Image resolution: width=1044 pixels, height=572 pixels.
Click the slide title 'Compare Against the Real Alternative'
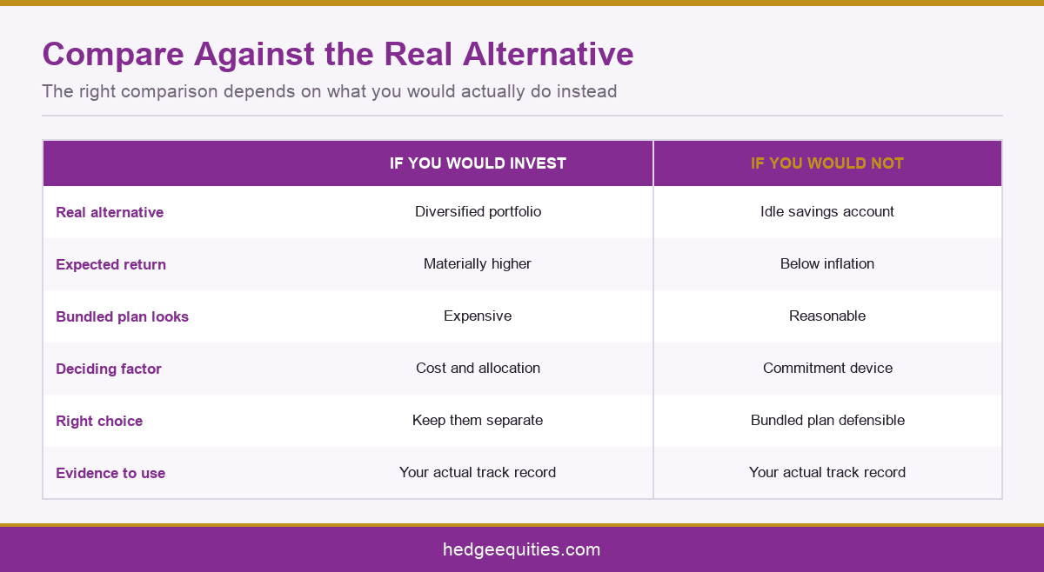point(338,55)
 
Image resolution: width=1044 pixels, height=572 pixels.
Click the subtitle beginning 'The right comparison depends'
point(330,91)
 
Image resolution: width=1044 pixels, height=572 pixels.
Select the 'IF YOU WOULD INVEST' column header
point(478,163)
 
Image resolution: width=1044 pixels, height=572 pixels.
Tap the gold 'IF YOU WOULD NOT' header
point(827,163)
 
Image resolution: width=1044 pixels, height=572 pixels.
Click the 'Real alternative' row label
point(110,212)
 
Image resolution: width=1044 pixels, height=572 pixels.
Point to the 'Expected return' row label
point(111,264)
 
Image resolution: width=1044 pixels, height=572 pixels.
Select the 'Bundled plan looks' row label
point(122,316)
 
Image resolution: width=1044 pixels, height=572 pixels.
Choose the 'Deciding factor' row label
point(109,369)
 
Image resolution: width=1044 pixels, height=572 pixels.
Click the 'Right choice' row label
point(99,421)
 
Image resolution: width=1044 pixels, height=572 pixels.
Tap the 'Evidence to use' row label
point(110,473)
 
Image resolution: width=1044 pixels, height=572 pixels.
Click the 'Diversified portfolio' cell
point(478,212)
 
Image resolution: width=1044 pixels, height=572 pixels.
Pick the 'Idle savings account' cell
point(827,212)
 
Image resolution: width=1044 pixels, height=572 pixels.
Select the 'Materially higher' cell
point(478,264)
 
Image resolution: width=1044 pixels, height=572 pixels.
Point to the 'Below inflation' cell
point(827,263)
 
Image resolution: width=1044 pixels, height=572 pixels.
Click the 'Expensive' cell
point(478,316)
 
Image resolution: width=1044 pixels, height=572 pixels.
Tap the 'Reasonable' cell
point(827,316)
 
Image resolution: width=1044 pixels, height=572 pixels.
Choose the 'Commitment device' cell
point(827,368)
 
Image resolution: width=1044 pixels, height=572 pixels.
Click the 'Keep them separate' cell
point(478,421)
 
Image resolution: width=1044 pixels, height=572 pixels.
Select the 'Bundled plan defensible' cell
point(827,420)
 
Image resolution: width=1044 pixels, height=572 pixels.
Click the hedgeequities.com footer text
point(521,550)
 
